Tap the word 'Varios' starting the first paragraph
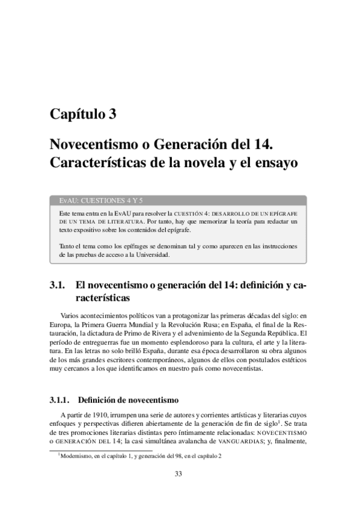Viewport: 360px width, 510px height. pos(71,314)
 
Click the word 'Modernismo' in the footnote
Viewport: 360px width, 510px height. pos(76,455)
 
